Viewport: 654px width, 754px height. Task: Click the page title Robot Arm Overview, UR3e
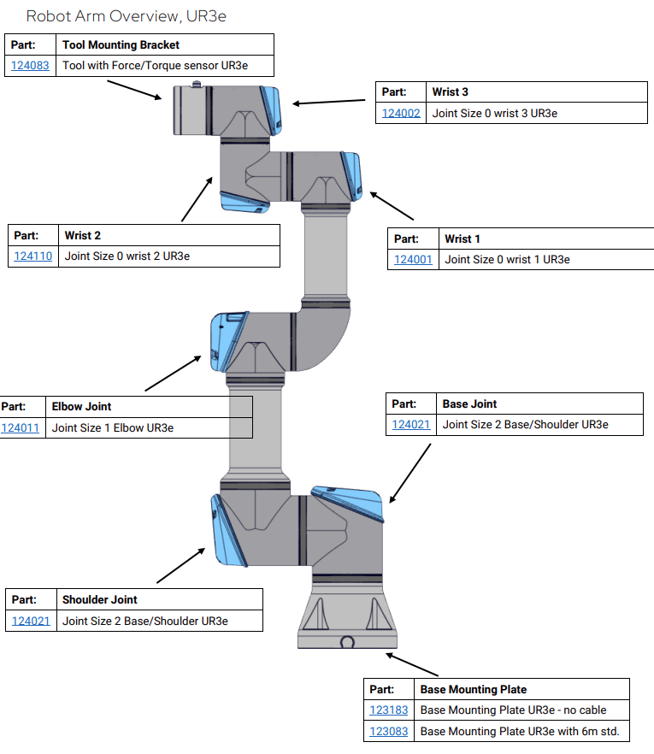pos(126,16)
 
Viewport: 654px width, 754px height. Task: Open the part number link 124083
pos(30,66)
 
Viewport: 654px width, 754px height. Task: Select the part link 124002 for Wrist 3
pos(401,113)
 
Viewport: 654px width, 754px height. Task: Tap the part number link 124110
pos(33,256)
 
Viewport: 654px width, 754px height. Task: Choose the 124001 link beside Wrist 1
pos(413,259)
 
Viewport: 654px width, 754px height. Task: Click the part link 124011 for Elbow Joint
pos(21,427)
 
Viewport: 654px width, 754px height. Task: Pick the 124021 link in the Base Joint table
pos(411,424)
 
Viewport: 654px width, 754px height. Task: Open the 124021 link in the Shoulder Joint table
pos(31,621)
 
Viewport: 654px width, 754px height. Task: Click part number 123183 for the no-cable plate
pos(389,710)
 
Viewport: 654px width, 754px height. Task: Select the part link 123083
pos(389,731)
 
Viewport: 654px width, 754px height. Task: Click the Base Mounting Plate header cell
pos(474,689)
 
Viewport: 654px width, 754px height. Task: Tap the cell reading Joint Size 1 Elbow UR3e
pos(113,427)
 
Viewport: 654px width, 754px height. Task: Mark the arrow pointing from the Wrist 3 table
pos(333,102)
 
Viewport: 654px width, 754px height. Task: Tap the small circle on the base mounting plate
pos(347,642)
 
